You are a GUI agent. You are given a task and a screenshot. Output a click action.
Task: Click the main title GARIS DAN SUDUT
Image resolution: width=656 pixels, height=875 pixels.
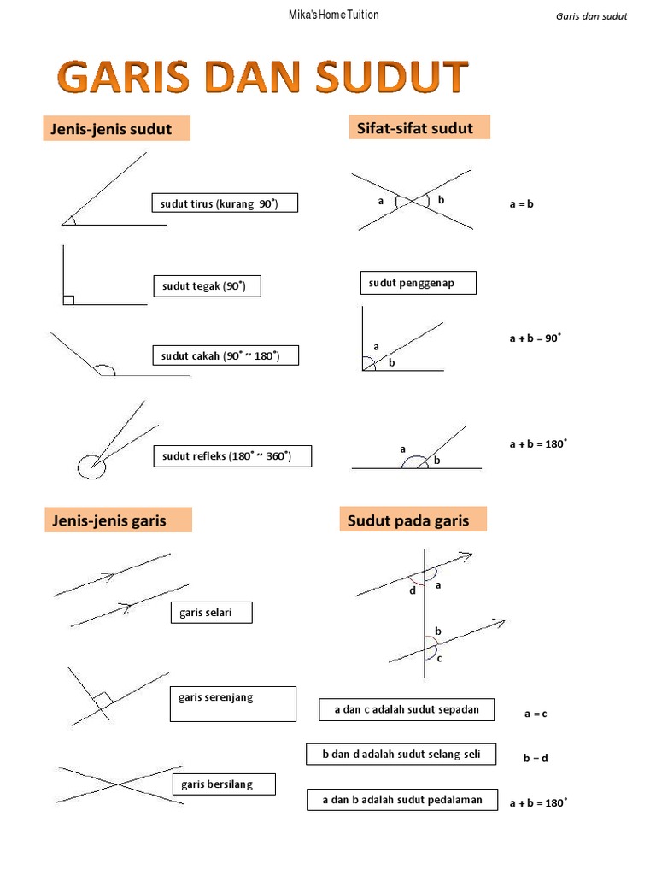(263, 79)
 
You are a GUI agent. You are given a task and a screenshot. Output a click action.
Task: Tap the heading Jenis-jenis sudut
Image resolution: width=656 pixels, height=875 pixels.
(116, 129)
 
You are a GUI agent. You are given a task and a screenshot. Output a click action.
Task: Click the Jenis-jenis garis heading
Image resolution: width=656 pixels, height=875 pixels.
(118, 520)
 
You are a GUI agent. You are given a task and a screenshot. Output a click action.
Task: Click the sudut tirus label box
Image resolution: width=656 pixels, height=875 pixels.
(225, 203)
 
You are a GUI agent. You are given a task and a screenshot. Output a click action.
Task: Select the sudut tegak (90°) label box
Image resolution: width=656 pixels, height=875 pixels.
(206, 286)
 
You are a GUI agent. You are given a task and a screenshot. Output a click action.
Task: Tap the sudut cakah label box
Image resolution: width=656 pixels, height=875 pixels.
(225, 355)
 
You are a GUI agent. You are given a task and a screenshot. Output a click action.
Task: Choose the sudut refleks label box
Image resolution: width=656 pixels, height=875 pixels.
(231, 456)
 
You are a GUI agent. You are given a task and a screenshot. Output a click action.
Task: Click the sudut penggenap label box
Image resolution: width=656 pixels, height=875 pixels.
(418, 283)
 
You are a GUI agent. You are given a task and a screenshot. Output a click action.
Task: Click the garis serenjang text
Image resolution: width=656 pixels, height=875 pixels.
(216, 697)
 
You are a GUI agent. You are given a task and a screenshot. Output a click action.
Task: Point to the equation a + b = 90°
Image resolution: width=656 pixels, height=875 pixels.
(536, 338)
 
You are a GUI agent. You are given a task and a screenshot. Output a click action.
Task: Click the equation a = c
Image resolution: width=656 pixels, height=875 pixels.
(536, 714)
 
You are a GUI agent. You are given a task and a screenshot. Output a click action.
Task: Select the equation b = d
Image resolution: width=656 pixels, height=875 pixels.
(536, 758)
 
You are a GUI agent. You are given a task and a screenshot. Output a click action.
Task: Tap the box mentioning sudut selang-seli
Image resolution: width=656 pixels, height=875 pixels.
(401, 755)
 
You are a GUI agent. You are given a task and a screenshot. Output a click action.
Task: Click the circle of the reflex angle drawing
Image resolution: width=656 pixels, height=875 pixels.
(91, 467)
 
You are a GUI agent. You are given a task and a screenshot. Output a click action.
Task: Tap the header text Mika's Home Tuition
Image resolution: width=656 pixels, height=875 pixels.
(327, 15)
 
